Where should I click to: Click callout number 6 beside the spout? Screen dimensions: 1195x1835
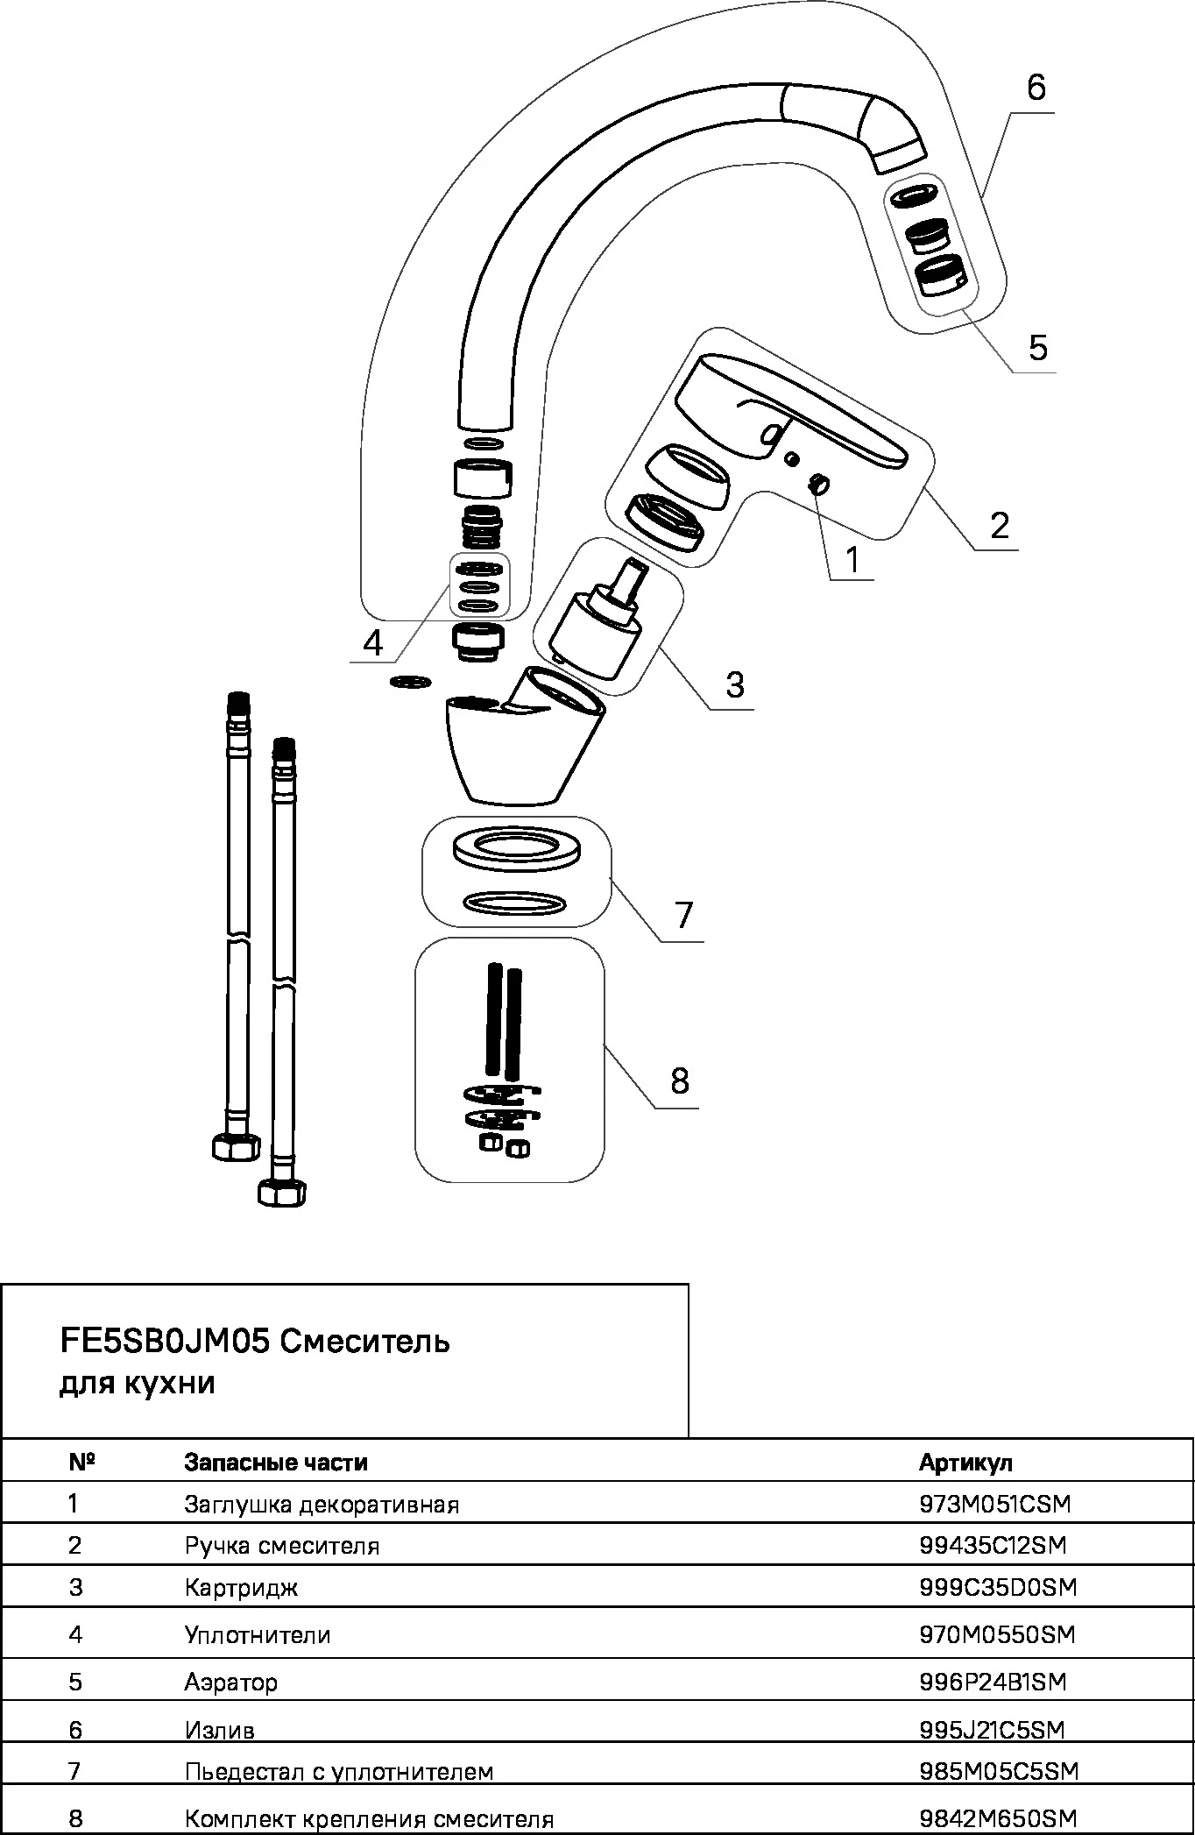pos(1036,88)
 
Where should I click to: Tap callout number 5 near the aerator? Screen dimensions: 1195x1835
pos(1037,348)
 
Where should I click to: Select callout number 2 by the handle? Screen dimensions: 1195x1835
pos(999,525)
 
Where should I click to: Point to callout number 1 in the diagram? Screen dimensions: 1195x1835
pos(852,559)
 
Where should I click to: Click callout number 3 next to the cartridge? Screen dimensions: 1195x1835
pos(734,684)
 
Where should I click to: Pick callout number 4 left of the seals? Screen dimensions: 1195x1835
pos(372,643)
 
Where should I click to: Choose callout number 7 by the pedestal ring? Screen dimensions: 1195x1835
pos(683,915)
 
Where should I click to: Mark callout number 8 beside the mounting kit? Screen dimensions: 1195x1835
pos(680,1080)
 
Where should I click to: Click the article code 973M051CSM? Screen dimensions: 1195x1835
pos(995,1504)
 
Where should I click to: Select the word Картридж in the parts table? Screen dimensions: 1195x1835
pos(241,1588)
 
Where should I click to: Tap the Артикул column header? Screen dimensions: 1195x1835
pos(965,1463)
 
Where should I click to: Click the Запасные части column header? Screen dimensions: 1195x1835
pos(276,1463)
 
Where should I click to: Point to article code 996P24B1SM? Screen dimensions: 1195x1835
pos(993,1682)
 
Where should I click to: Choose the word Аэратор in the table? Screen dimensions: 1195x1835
pos(231,1683)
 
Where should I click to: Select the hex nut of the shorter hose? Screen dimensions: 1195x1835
pos(237,1145)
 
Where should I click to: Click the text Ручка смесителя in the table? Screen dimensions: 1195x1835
pos(282,1546)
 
